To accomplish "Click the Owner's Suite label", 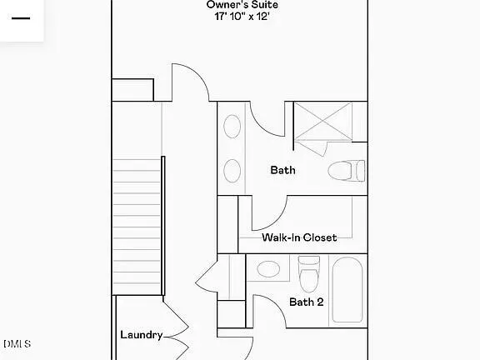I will pos(242,5).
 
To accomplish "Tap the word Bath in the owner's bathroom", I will pos(282,170).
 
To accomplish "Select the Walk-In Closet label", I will pos(299,237).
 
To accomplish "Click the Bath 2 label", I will pos(306,302).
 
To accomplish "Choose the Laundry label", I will pos(141,335).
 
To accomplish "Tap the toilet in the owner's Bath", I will pos(346,171).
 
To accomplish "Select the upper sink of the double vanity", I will pos(232,127).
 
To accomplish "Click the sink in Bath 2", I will pos(268,268).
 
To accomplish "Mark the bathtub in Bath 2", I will pos(347,289).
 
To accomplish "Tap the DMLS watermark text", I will pos(17,343).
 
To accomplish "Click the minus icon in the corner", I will pos(20,17).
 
